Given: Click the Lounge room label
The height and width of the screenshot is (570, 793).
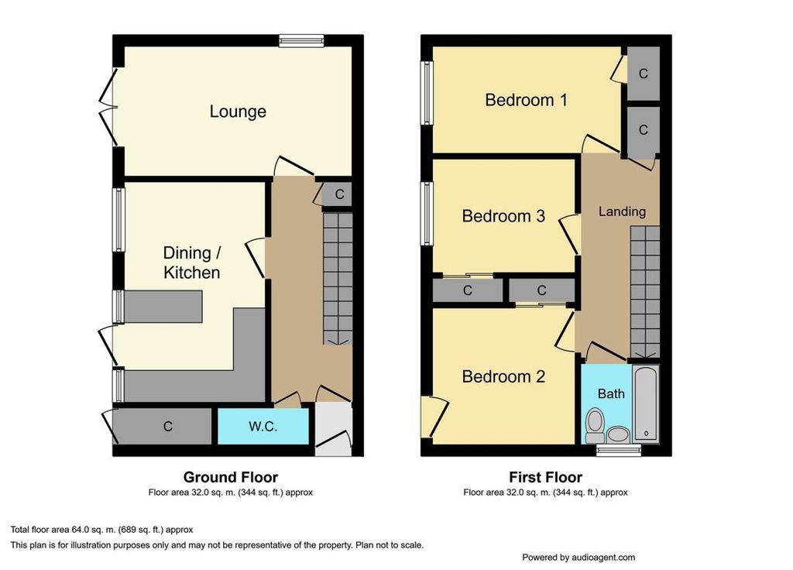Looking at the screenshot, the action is tap(238, 112).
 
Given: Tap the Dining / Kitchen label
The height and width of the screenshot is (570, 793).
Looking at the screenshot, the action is tap(192, 263).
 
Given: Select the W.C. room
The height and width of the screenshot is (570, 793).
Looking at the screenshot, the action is tap(263, 427).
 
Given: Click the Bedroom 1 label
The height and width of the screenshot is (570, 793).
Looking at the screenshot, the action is tap(526, 100).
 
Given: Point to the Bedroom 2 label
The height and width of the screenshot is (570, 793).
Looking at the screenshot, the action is tap(503, 376).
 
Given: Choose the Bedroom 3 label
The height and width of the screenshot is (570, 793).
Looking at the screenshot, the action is tap(503, 216).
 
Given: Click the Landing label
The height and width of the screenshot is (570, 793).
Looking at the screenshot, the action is tap(622, 211).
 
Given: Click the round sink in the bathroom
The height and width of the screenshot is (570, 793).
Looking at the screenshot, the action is tap(618, 434).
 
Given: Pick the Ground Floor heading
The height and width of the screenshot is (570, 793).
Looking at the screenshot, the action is tap(231, 477).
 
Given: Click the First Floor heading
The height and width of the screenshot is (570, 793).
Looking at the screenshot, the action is tap(546, 477).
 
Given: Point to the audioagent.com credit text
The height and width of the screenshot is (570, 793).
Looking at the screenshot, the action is tap(578, 558).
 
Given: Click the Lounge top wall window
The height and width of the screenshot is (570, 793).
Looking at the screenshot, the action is tap(301, 41).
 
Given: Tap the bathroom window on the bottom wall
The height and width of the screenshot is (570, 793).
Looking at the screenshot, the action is tap(619, 450).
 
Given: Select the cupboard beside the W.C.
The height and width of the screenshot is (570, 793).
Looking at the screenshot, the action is tap(163, 427).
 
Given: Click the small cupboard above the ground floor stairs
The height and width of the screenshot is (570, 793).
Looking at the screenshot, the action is tap(338, 194).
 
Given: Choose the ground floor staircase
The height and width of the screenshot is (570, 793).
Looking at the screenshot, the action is tap(338, 279).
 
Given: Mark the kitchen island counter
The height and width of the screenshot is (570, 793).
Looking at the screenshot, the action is tap(163, 306).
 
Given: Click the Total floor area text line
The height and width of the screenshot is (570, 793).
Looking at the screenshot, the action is tap(101, 530).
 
